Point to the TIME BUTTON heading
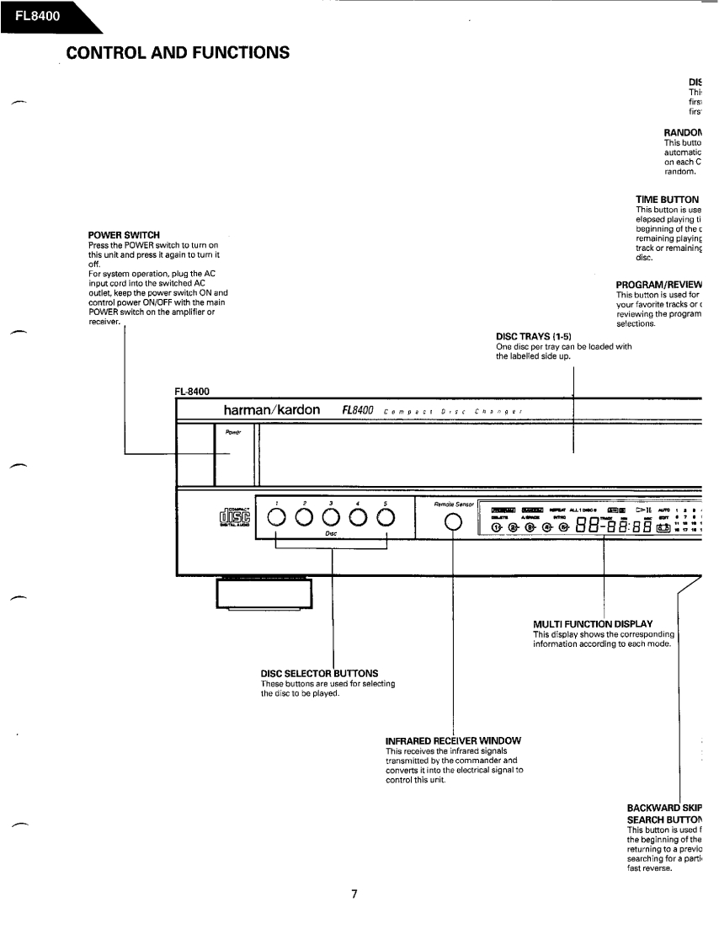click(x=668, y=200)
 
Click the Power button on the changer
click(x=233, y=455)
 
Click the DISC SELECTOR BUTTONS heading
click(x=319, y=673)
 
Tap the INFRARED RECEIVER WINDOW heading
click(x=452, y=740)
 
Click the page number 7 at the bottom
click(x=354, y=894)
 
